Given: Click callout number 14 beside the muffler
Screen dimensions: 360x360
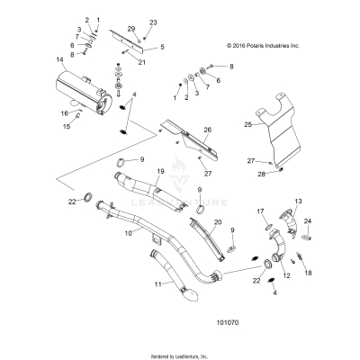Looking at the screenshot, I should click(59, 60).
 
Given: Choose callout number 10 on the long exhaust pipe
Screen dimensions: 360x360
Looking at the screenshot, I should click(128, 233).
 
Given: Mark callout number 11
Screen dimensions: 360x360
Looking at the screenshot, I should click(132, 283).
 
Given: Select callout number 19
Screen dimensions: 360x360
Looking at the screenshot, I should click(160, 171).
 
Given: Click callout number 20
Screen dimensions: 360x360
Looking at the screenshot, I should click(218, 221).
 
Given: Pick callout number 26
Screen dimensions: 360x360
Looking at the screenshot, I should click(207, 129).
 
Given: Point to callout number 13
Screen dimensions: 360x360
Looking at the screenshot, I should click(299, 202).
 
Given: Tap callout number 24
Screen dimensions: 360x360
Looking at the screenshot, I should click(308, 220).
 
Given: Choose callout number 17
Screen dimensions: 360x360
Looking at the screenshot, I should click(259, 212).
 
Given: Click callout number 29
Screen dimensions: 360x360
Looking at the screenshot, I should click(130, 30).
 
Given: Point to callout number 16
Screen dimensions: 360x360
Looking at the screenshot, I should click(64, 113).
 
